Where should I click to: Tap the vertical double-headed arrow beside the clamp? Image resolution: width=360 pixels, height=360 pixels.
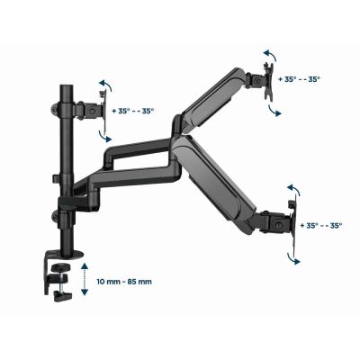[84, 278]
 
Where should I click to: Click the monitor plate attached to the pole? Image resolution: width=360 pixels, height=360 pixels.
[93, 112]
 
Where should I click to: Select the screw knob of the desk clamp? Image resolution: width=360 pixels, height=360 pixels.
[60, 293]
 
